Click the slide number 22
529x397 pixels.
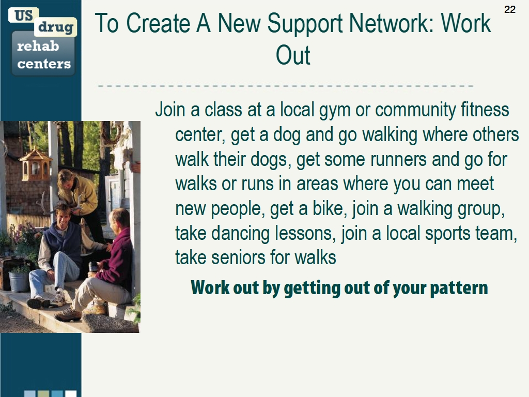point(510,9)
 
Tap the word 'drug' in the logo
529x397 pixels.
point(56,27)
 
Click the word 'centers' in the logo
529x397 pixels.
point(44,63)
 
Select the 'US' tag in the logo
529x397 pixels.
point(24,15)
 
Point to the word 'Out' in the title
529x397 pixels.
point(293,55)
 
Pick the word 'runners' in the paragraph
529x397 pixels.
point(398,160)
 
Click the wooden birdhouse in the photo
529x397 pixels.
point(35,165)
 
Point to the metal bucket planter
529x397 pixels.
point(19,282)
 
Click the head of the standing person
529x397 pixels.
point(67,179)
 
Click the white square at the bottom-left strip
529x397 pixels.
point(71,394)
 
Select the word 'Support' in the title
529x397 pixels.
point(305,24)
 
